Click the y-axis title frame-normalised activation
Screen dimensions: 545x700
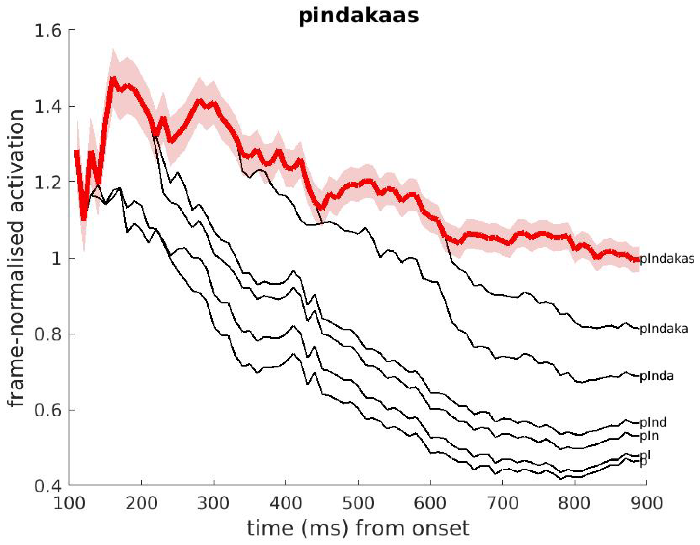coord(16,258)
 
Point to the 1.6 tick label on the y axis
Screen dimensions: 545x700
coord(48,31)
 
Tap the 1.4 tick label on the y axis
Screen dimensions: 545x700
coord(48,106)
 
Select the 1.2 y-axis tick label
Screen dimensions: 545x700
coord(48,183)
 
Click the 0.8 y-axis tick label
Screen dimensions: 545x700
coord(48,334)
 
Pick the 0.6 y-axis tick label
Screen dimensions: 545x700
coord(48,410)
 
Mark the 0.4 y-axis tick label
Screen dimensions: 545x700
coord(48,486)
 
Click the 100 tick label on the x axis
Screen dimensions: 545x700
coord(69,503)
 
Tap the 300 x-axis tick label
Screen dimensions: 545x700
coord(214,503)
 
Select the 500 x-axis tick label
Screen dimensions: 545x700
coord(358,503)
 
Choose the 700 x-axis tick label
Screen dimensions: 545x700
coord(503,503)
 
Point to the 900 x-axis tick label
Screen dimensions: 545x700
coord(647,503)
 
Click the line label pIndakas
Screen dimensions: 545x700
coord(667,259)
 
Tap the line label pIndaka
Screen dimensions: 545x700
coord(664,329)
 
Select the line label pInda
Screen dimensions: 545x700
coord(656,376)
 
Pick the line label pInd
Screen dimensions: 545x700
coord(653,422)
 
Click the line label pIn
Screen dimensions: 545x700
coord(649,436)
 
